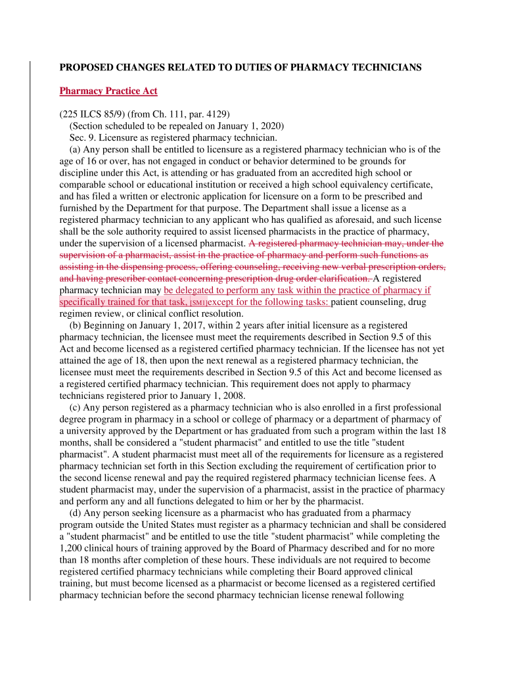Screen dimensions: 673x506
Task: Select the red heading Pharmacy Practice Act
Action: [108, 91]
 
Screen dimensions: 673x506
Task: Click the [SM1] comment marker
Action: [198, 303]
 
